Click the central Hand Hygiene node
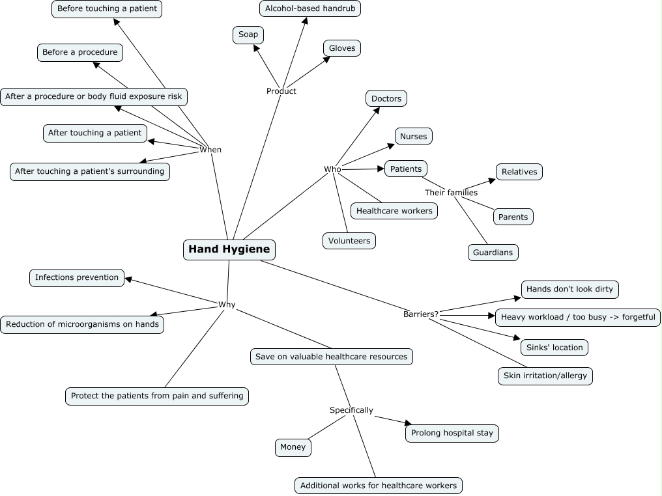coord(229,249)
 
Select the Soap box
coord(248,34)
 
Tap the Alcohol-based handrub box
coord(310,8)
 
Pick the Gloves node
coord(342,48)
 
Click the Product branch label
coord(281,91)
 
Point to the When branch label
coord(210,150)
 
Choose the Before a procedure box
coord(80,53)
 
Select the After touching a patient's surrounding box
coord(90,172)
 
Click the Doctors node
coord(386,99)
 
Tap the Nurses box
coord(414,136)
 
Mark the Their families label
coord(451,193)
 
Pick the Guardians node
coord(493,253)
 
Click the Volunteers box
coord(349,241)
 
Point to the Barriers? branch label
coord(421,314)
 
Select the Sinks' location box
coord(554,348)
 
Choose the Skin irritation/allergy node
coord(545,376)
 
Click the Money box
coord(293,447)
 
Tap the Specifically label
coord(351,410)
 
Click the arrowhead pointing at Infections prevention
coord(128,279)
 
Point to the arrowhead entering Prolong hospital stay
coord(409,423)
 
